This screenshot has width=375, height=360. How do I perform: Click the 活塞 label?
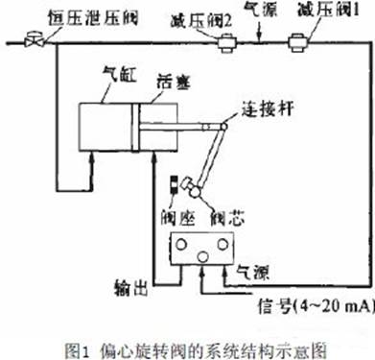click(171, 85)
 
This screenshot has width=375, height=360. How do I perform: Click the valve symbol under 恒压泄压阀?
click(36, 41)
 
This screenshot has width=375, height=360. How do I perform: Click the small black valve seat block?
click(175, 182)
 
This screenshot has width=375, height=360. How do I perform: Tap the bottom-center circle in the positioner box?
click(202, 256)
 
